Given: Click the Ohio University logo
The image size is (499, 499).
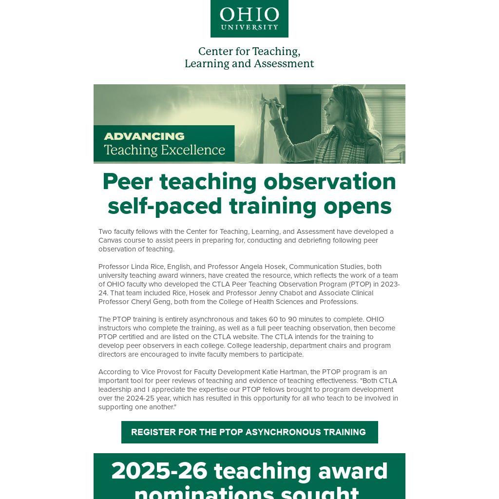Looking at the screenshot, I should point(249,19).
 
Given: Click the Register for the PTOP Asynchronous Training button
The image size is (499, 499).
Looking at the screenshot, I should point(249,432).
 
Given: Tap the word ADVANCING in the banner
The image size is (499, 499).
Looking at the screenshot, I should point(144,136).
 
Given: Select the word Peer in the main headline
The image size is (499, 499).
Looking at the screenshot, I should point(127,182).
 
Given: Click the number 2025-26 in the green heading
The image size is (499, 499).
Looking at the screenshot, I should point(159,471).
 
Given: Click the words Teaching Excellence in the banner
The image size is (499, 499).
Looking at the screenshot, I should point(164,150).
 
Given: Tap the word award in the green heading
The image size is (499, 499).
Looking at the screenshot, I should point(353,471).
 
